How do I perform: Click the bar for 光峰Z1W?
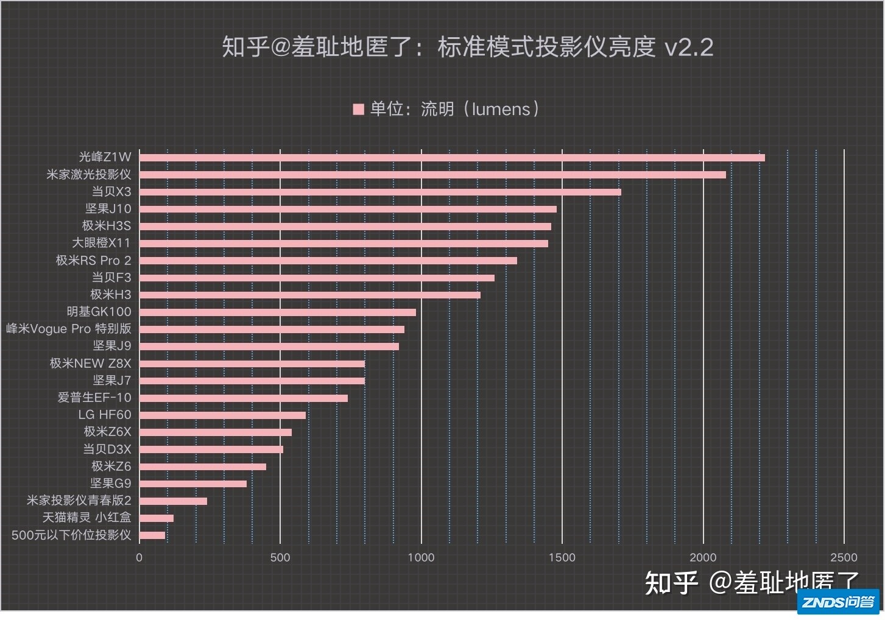click(452, 158)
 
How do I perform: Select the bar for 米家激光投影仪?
click(432, 175)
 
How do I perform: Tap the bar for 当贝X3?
click(380, 192)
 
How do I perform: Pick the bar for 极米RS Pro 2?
click(328, 261)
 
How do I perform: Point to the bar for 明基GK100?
click(278, 312)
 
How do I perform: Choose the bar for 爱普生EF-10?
click(244, 398)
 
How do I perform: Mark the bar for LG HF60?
click(222, 415)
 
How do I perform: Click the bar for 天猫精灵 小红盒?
click(157, 518)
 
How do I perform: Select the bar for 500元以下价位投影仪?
click(152, 535)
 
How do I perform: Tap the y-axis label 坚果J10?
click(108, 209)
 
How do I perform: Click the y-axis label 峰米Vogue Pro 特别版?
click(69, 329)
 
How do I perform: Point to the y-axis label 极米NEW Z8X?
click(90, 364)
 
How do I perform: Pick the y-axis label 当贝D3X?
click(107, 449)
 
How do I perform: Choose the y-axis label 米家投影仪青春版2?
click(79, 501)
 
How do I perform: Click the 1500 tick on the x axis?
click(562, 557)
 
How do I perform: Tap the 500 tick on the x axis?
click(280, 557)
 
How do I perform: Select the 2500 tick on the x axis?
click(844, 557)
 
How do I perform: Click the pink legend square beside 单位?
click(358, 110)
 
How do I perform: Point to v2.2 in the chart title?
click(688, 48)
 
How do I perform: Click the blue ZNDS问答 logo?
click(838, 602)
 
